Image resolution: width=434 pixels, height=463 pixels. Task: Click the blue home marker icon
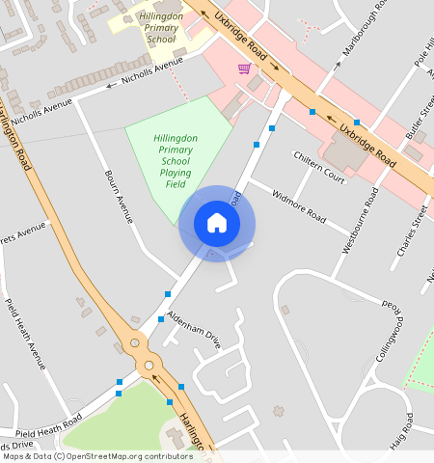click(x=217, y=223)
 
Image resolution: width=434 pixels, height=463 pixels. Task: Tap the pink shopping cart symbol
click(x=244, y=68)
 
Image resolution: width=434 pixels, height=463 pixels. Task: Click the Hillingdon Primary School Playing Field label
click(x=176, y=161)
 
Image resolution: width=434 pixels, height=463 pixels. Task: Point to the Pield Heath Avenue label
click(x=25, y=334)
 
